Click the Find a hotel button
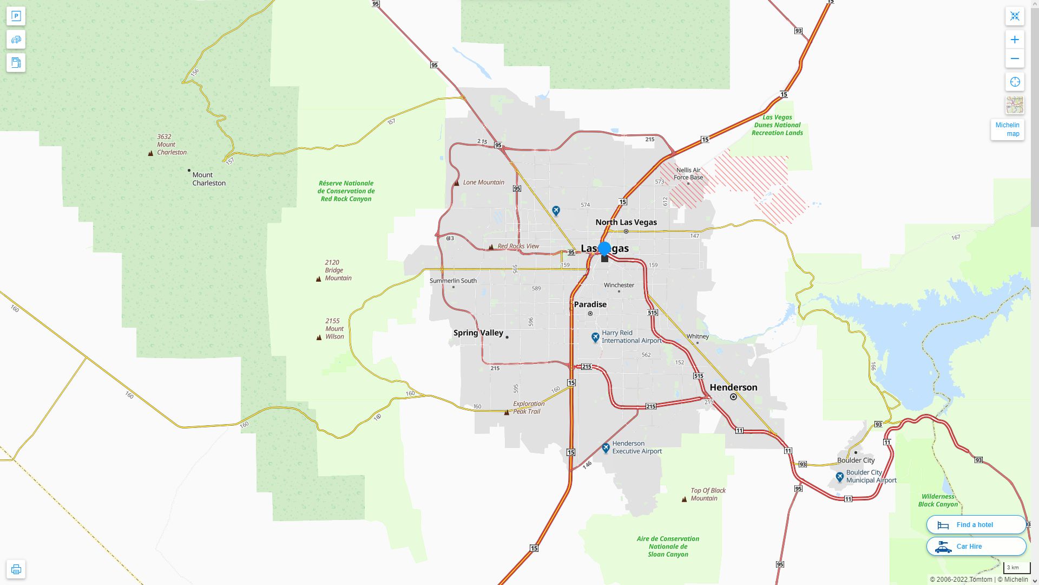point(976,525)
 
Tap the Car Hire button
point(976,547)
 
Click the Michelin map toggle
point(1007,129)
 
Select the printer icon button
point(16,569)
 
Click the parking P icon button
point(16,16)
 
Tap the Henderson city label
point(733,387)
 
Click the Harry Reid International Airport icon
point(595,337)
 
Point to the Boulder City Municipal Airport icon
point(839,477)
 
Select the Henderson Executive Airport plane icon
point(606,448)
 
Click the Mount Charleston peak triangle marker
point(150,153)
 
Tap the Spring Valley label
point(478,333)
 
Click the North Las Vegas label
point(626,222)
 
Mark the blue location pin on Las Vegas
point(604,249)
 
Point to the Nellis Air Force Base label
point(688,173)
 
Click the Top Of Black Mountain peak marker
point(684,499)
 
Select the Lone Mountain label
point(483,183)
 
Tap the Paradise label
point(590,304)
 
